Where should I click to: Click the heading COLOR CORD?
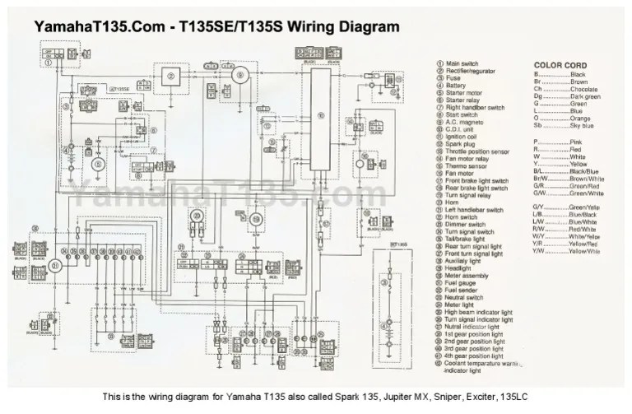pos(560,64)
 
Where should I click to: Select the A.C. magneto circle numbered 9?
pos(240,76)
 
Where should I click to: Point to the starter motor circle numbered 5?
pos(99,164)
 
